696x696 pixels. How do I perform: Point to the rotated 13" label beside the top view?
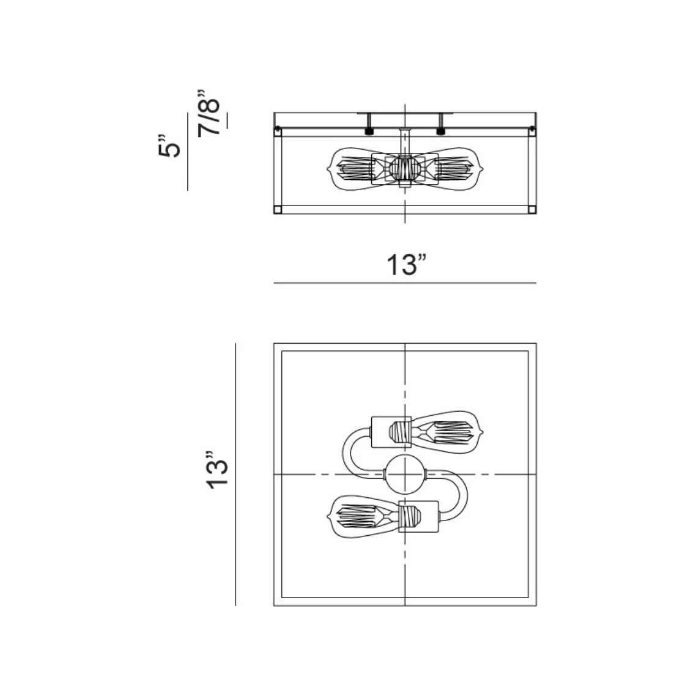click(217, 470)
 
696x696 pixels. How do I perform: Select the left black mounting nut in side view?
click(369, 131)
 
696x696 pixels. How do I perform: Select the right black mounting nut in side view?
click(440, 131)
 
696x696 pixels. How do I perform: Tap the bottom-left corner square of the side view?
click(277, 210)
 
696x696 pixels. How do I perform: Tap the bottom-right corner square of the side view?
click(532, 210)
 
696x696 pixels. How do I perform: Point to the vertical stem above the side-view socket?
click(404, 141)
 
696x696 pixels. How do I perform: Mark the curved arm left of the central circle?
click(354, 453)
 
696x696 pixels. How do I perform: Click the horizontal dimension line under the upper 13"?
click(404, 283)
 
